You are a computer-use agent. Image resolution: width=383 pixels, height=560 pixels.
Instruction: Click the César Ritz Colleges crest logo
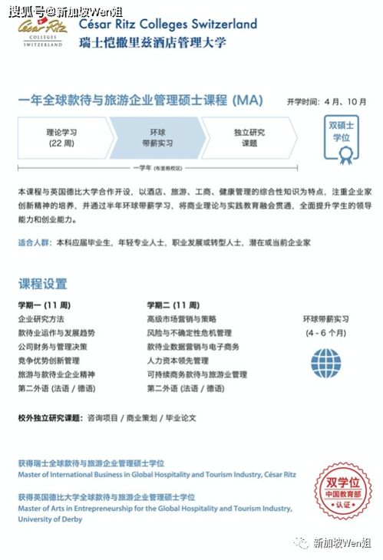coord(43,32)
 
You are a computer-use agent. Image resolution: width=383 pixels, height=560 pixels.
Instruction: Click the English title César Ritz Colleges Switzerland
coord(167,24)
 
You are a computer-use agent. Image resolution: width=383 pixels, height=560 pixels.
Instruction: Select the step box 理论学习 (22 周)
coord(61,137)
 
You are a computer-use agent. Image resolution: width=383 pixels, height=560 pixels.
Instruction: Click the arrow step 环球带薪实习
coord(156,137)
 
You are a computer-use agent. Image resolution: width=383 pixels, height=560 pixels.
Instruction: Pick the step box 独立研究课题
coord(249,137)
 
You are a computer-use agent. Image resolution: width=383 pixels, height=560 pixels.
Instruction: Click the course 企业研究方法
coord(41,319)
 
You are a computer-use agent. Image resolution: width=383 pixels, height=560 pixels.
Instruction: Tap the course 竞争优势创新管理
coord(48,361)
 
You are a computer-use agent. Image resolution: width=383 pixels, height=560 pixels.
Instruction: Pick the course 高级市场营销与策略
coord(181,319)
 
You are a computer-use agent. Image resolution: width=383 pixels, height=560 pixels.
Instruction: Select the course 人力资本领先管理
coord(177,361)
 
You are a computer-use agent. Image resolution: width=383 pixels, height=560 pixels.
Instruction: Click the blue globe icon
coord(325,363)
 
